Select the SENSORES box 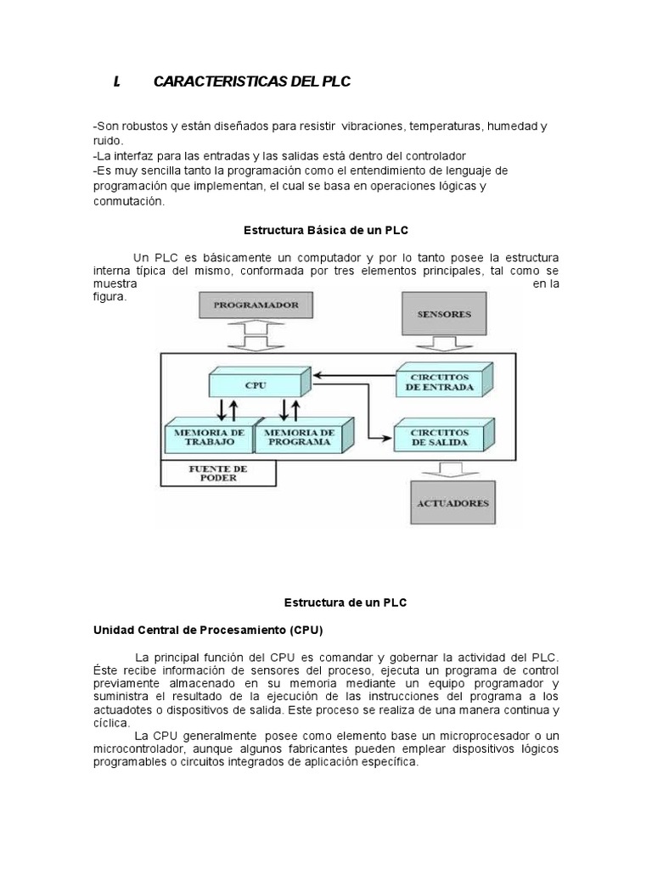444,313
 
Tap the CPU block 256,384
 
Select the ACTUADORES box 452,502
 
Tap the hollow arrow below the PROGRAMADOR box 244,343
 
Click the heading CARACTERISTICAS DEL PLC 251,81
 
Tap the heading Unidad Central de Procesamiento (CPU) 207,631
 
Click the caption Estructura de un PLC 345,602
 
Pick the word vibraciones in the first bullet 373,126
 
